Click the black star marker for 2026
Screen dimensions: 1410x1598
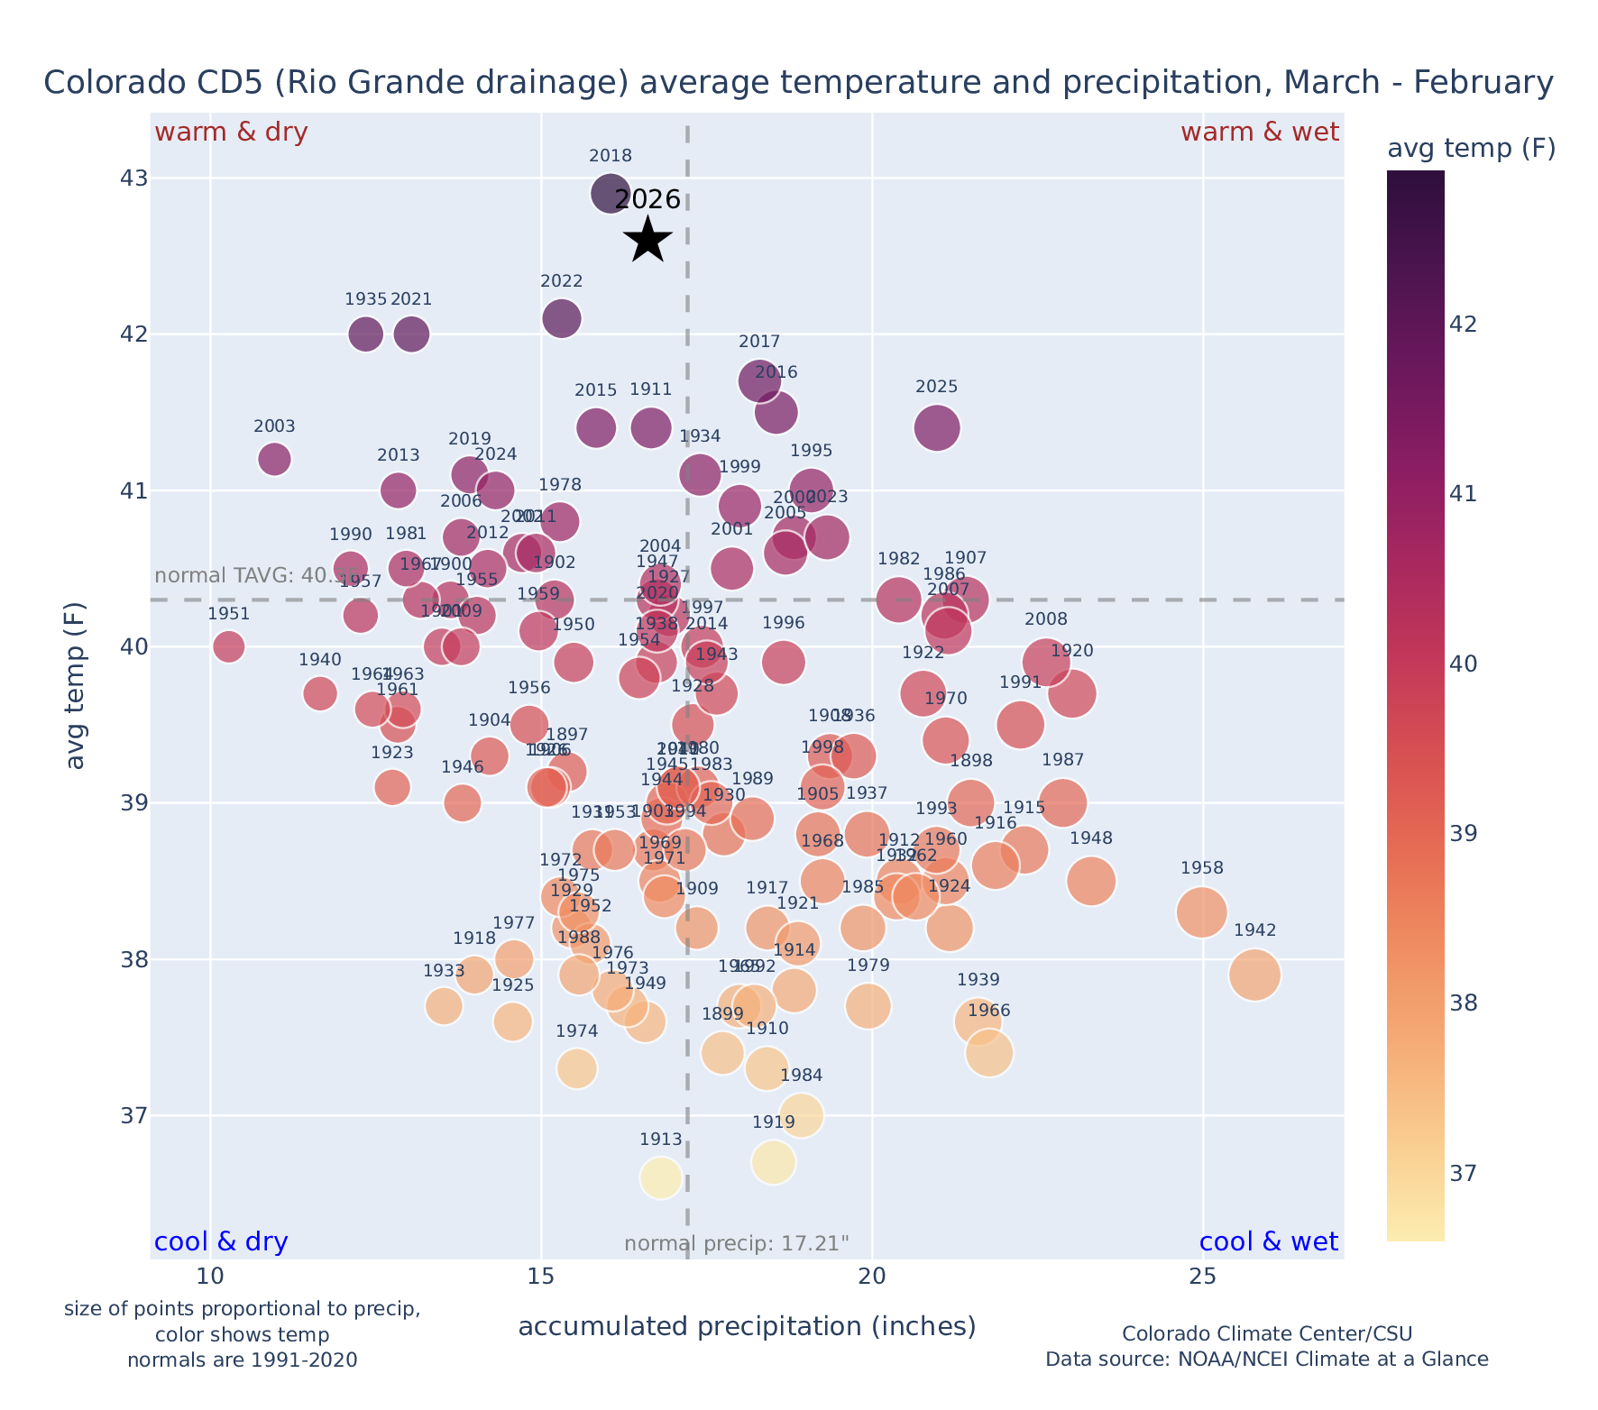(x=647, y=241)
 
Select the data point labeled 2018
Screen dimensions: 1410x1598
(x=610, y=193)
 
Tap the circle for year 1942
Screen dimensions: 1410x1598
(x=1254, y=975)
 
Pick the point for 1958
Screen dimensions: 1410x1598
(x=1201, y=912)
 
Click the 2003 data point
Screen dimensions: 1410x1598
(x=274, y=459)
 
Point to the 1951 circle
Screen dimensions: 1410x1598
(x=229, y=646)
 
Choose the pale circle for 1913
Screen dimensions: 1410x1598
(x=660, y=1178)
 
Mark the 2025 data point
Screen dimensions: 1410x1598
(x=936, y=427)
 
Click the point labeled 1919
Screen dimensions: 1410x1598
(x=774, y=1162)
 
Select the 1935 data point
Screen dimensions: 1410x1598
(x=365, y=334)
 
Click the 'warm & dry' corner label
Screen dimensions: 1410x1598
(x=231, y=133)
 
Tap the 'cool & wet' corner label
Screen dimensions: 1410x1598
(x=1268, y=1242)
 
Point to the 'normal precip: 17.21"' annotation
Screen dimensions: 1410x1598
(x=736, y=1244)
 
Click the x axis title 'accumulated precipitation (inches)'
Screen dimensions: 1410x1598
(x=747, y=1326)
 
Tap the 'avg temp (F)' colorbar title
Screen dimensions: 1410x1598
(x=1471, y=149)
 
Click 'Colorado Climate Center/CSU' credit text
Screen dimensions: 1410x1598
(x=1266, y=1333)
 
